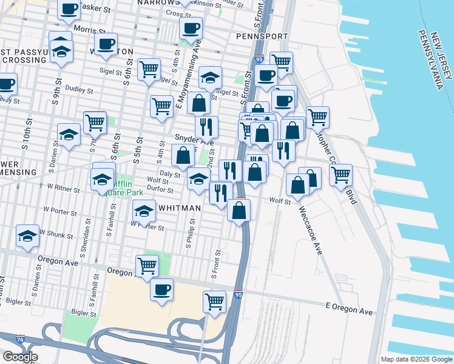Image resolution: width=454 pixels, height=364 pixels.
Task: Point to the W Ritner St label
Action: [x=61, y=190]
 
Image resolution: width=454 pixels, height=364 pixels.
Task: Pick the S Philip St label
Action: [x=190, y=246]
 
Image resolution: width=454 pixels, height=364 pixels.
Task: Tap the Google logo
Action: [x=20, y=357]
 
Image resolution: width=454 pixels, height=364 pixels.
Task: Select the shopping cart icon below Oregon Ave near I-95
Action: [x=214, y=302]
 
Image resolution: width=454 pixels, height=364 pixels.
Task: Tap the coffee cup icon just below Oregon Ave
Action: [x=161, y=289]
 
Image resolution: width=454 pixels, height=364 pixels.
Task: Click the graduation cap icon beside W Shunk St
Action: [x=27, y=237]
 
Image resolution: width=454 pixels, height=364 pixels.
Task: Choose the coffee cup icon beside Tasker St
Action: [x=69, y=8]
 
